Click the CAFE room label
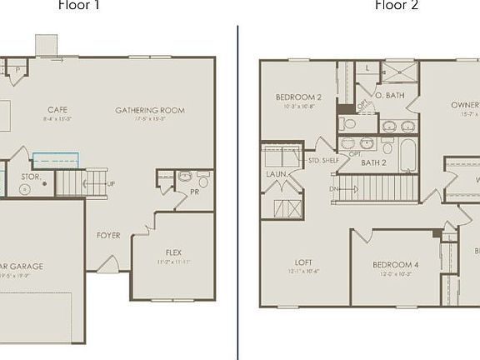pos(57,109)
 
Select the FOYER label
pos(108,235)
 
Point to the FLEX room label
pos(173,252)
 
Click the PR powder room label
pos(194,192)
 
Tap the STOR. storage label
pos(31,177)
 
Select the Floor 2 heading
pos(397,6)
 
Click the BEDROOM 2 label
pos(298,97)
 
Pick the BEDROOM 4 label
pos(395,265)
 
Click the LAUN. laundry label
pos(277,173)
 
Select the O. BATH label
pos(390,96)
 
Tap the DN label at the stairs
pos(334,188)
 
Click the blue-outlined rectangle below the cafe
pos(56,159)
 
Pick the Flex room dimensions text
pos(173,262)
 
